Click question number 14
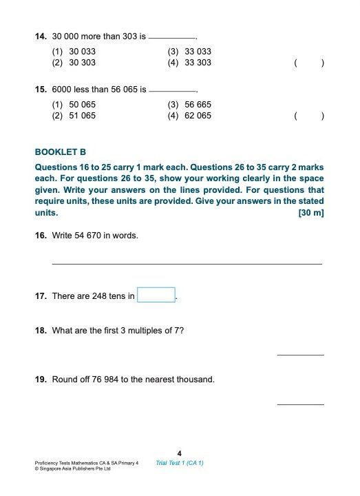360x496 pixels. pyautogui.click(x=40, y=36)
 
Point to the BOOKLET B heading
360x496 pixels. pyautogui.click(x=61, y=152)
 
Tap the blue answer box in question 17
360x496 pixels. pyautogui.click(x=156, y=295)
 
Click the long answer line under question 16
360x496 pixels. pyautogui.click(x=187, y=263)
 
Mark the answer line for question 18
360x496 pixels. pyautogui.click(x=300, y=355)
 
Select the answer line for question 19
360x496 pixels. pyautogui.click(x=300, y=404)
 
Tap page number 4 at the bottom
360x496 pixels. pyautogui.click(x=180, y=453)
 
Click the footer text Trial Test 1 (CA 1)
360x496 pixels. pyautogui.click(x=180, y=463)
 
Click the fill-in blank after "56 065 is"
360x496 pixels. pyautogui.click(x=172, y=92)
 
